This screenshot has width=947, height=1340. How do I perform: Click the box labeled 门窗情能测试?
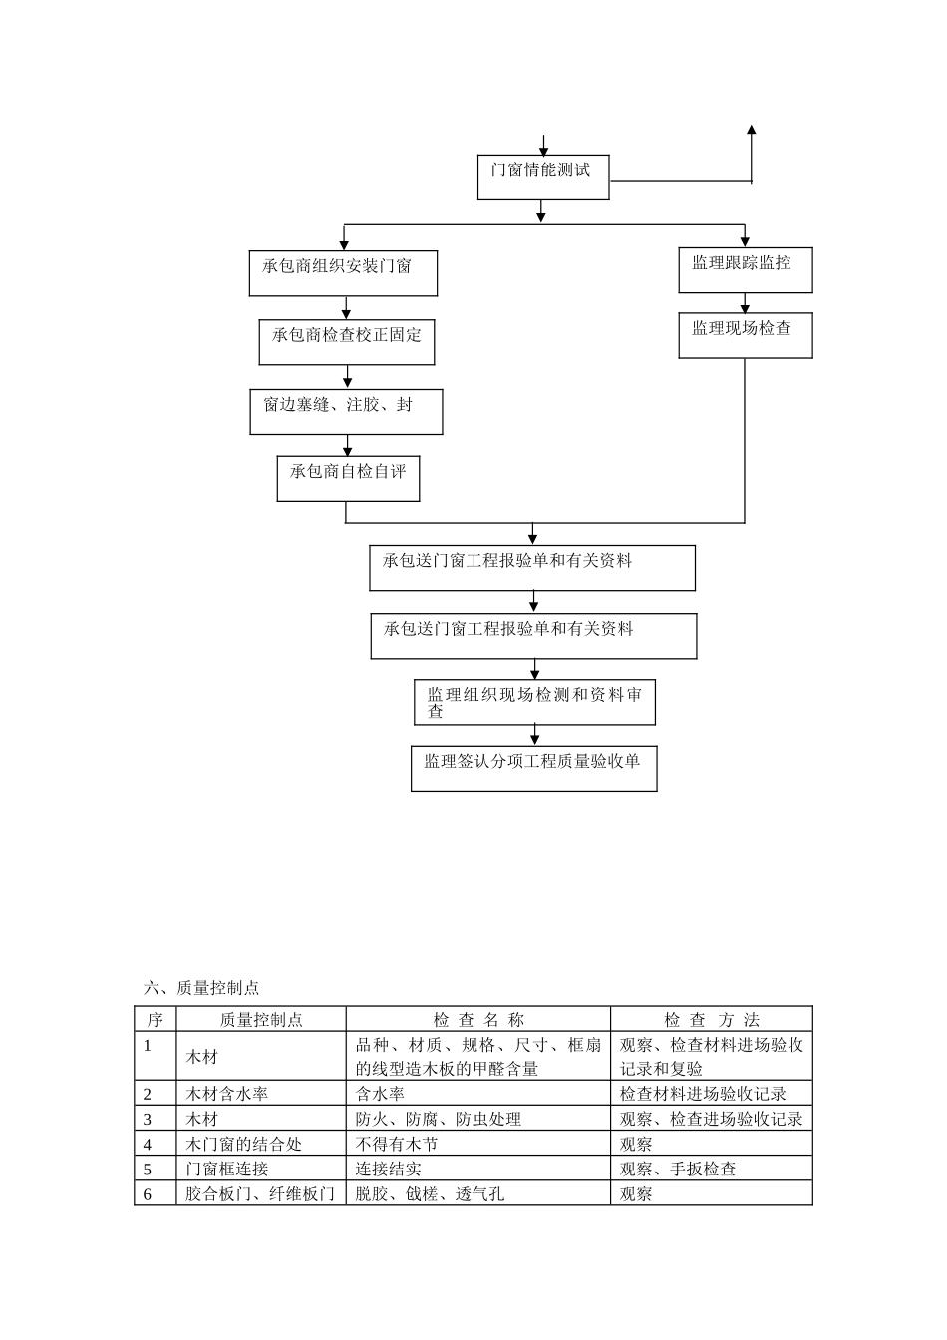pyautogui.click(x=542, y=176)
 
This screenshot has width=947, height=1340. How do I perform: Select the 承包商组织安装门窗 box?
pyautogui.click(x=343, y=272)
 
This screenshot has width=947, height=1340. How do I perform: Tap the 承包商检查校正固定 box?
pyautogui.click(x=347, y=341)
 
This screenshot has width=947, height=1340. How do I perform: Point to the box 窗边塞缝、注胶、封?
pyautogui.click(x=346, y=411)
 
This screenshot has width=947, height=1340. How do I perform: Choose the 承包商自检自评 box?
pyautogui.click(x=348, y=478)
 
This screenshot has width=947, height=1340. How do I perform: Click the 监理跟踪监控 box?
pyautogui.click(x=745, y=269)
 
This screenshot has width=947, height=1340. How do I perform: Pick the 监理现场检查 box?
pyautogui.click(x=745, y=335)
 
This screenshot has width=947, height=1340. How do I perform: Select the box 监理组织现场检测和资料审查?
pyautogui.click(x=534, y=702)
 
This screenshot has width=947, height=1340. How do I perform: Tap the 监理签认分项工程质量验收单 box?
pyautogui.click(x=533, y=768)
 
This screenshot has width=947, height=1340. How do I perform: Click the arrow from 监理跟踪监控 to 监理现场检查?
pyautogui.click(x=745, y=303)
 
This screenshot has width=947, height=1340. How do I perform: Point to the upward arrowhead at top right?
pyautogui.click(x=752, y=130)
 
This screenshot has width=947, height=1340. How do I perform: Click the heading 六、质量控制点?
pyautogui.click(x=201, y=988)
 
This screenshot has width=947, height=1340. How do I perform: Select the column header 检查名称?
pyautogui.click(x=478, y=1019)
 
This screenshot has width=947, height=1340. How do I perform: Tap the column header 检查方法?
pyautogui.click(x=712, y=1019)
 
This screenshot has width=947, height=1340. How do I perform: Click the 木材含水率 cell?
pyautogui.click(x=226, y=1094)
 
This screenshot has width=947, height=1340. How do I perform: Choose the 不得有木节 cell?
pyautogui.click(x=397, y=1144)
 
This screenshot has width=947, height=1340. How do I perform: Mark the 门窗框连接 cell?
pyautogui.click(x=226, y=1169)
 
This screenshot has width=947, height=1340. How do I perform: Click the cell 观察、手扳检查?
pyautogui.click(x=678, y=1169)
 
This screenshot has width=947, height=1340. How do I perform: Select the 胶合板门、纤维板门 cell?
pyautogui.click(x=260, y=1193)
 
